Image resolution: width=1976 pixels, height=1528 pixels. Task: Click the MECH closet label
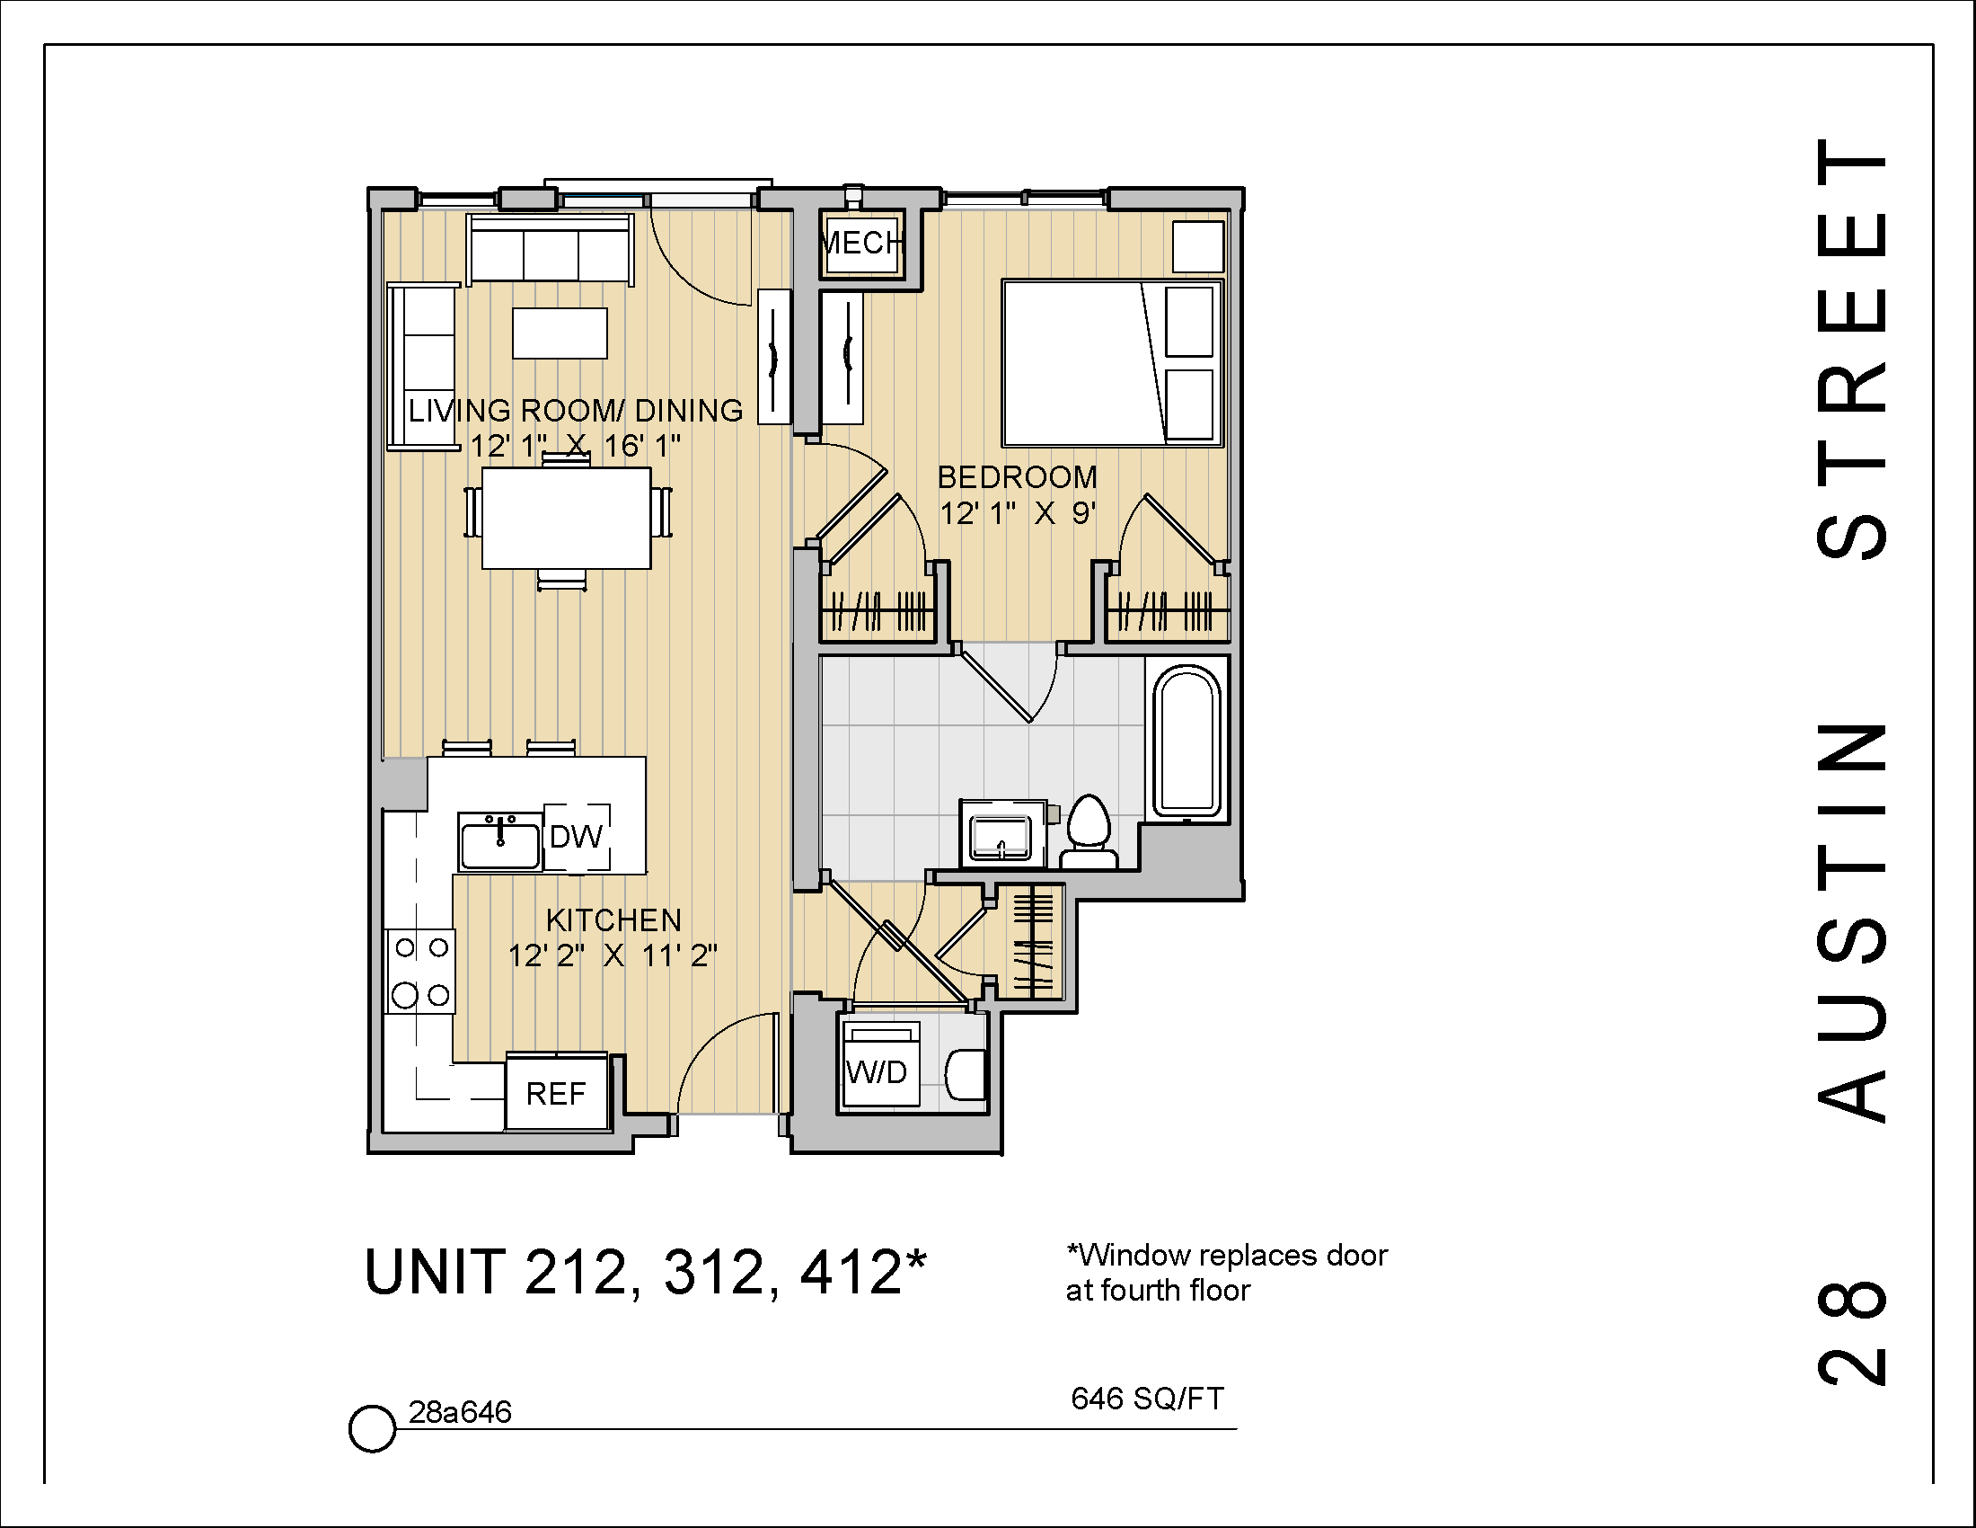pyautogui.click(x=860, y=243)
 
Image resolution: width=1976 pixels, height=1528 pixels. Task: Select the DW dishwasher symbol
pyautogui.click(x=576, y=837)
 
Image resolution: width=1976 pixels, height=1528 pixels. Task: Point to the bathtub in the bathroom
pyautogui.click(x=1186, y=742)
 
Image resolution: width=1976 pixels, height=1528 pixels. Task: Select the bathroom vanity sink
pyautogui.click(x=1000, y=836)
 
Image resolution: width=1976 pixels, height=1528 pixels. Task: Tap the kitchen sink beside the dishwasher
pyautogui.click(x=499, y=842)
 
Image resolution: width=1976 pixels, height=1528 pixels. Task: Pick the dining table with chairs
pyautogui.click(x=567, y=518)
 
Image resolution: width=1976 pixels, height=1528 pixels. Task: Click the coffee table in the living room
pyautogui.click(x=560, y=333)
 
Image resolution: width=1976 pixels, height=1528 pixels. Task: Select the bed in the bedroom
pyautogui.click(x=1112, y=363)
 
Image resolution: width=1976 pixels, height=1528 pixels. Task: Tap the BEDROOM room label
pyautogui.click(x=1016, y=477)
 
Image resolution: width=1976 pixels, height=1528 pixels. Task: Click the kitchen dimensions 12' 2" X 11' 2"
pyautogui.click(x=613, y=956)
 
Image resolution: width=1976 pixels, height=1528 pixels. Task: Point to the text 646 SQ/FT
pyautogui.click(x=1146, y=1399)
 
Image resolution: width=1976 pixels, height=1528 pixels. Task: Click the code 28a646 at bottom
pyautogui.click(x=460, y=1412)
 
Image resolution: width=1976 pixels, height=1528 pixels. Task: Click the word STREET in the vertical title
pyautogui.click(x=1853, y=349)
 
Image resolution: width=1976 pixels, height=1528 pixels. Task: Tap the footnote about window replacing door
pyautogui.click(x=1226, y=1272)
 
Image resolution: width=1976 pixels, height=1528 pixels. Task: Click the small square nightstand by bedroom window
pyautogui.click(x=1197, y=246)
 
